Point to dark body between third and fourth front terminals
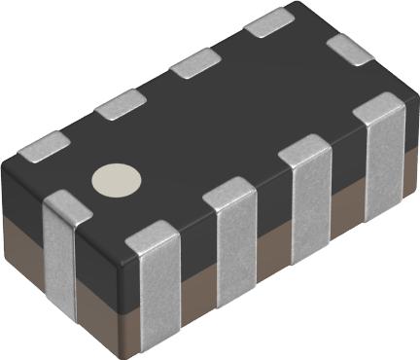pyautogui.click(x=342, y=156)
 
